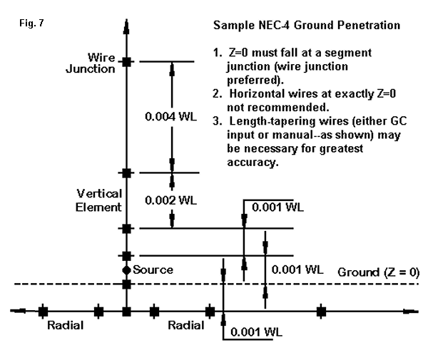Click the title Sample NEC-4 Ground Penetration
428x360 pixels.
pyautogui.click(x=306, y=26)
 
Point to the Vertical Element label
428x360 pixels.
pyautogui.click(x=99, y=200)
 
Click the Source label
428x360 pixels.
pyautogui.click(x=153, y=269)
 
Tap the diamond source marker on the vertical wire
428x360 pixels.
pyautogui.click(x=126, y=269)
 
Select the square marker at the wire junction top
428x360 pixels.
pyautogui.click(x=126, y=62)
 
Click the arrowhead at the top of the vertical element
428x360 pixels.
pyautogui.click(x=126, y=27)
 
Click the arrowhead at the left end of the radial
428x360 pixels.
pyautogui.click(x=16, y=311)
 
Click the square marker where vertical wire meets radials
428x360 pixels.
pyautogui.click(x=126, y=312)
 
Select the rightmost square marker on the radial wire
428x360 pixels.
pyautogui.click(x=321, y=312)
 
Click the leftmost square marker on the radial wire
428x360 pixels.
pyautogui.click(x=43, y=312)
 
